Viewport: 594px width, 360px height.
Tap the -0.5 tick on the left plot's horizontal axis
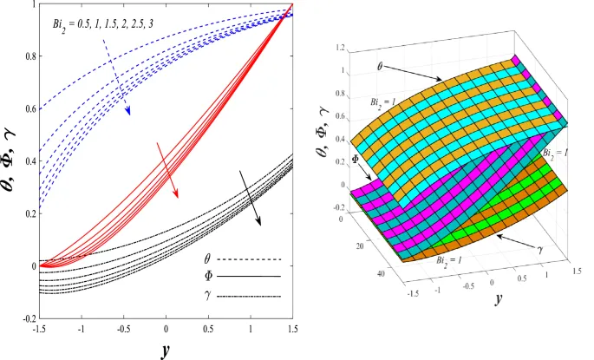click(x=124, y=330)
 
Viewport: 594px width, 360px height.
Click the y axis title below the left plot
click(x=166, y=349)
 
